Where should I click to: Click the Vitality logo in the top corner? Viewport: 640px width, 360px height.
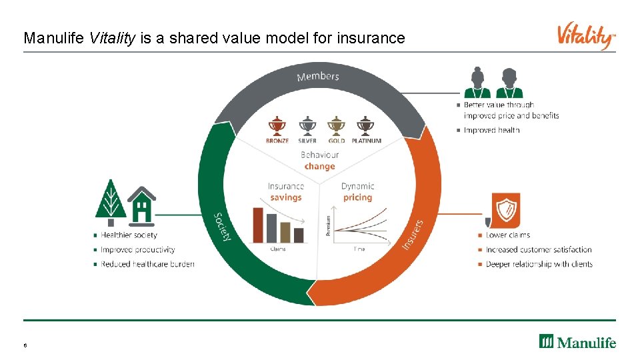[586, 36]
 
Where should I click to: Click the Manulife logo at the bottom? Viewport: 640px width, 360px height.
[577, 342]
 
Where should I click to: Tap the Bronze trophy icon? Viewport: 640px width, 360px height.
[276, 126]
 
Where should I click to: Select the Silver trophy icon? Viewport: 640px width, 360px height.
[307, 126]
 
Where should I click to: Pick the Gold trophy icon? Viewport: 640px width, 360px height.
[336, 126]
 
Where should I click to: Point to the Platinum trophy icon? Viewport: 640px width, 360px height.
[365, 126]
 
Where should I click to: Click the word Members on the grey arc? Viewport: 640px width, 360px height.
[318, 77]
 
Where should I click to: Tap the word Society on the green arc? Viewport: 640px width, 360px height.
[223, 227]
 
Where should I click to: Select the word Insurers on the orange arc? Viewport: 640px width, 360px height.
[413, 235]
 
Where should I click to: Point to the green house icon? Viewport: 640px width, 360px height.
[141, 204]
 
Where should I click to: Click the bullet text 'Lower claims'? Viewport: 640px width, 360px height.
[508, 235]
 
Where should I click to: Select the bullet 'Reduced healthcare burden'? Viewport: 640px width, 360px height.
[147, 264]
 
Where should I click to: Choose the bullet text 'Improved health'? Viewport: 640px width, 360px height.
[491, 130]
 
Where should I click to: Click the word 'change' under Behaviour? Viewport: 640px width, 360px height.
[319, 167]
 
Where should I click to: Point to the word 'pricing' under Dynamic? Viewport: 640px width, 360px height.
[357, 198]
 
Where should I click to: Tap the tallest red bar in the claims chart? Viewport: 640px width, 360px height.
[258, 225]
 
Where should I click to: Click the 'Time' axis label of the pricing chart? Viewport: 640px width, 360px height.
[359, 249]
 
